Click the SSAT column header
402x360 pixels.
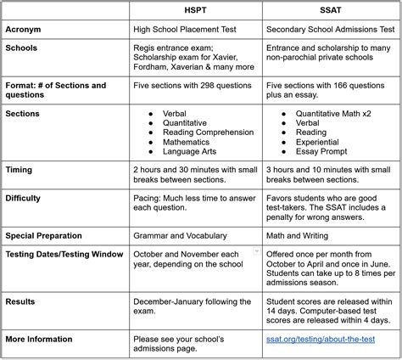pos(330,10)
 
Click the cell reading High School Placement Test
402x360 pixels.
pos(191,28)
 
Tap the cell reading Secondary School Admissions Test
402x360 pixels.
pos(330,28)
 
